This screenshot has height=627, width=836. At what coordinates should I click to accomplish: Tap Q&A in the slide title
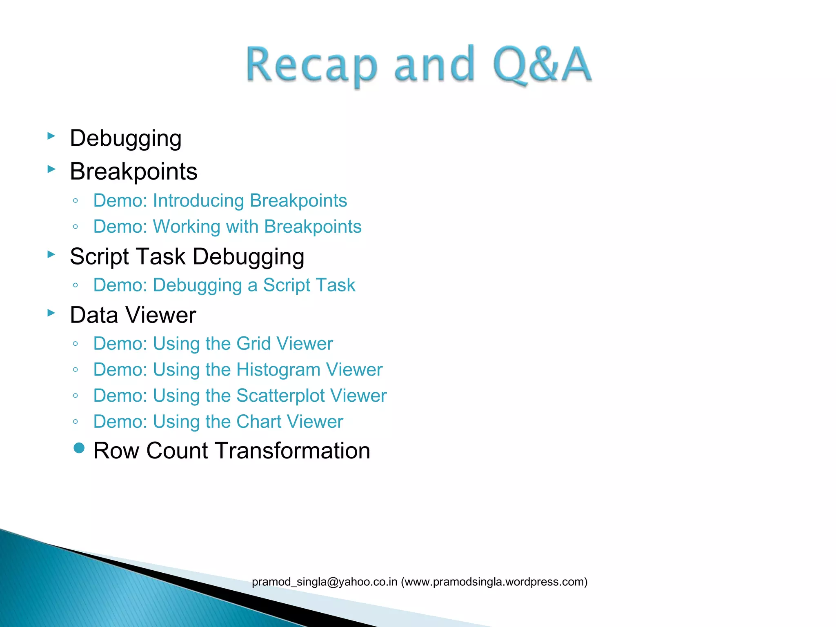[x=542, y=64]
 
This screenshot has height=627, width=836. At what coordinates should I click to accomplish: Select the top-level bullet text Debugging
[x=126, y=138]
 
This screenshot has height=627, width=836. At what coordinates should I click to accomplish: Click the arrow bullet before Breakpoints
[x=51, y=169]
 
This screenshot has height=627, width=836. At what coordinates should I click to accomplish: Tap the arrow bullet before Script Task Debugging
[x=51, y=254]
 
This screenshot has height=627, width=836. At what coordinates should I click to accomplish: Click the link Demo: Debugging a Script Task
[x=224, y=285]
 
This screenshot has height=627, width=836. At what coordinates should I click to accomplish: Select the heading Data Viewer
[x=133, y=316]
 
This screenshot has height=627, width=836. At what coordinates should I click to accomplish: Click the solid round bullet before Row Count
[x=79, y=449]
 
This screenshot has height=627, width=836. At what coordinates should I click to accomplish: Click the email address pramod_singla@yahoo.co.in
[x=325, y=582]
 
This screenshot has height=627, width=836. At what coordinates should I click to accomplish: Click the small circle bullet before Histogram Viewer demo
[x=75, y=370]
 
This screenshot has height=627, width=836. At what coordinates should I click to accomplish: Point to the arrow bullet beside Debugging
[x=51, y=136]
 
